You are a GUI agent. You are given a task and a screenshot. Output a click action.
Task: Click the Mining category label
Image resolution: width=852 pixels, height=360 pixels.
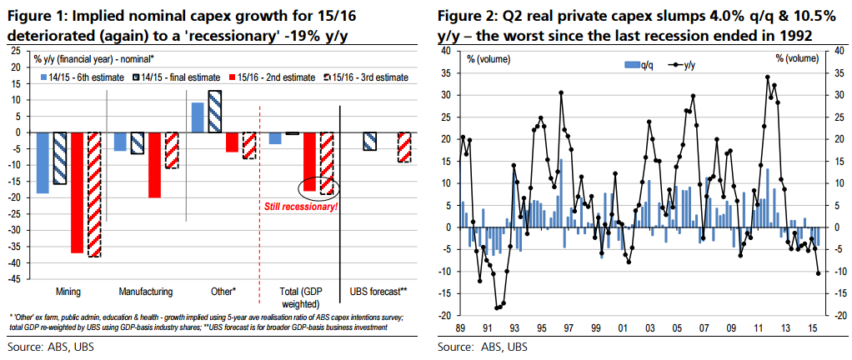(68, 292)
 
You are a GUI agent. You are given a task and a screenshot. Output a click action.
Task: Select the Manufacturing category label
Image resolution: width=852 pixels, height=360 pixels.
(145, 292)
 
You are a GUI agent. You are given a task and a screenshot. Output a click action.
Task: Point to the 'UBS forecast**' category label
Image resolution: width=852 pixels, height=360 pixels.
(378, 292)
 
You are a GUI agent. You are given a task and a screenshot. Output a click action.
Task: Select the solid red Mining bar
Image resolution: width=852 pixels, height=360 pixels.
(77, 192)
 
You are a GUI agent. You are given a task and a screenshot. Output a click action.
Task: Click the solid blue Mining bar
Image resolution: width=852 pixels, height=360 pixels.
(42, 162)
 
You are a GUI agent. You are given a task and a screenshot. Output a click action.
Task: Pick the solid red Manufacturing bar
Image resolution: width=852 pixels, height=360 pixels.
(154, 165)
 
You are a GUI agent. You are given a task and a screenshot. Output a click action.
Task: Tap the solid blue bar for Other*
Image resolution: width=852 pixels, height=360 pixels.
(198, 117)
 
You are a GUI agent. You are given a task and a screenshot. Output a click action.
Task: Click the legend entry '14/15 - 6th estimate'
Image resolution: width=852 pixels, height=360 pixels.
(82, 77)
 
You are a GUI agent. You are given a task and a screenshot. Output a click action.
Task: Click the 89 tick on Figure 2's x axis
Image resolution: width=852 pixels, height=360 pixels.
(461, 327)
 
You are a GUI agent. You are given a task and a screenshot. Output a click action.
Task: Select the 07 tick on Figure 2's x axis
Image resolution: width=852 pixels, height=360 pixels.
(704, 327)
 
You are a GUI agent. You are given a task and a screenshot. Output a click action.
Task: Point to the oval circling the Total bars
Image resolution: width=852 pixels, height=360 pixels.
(318, 187)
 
